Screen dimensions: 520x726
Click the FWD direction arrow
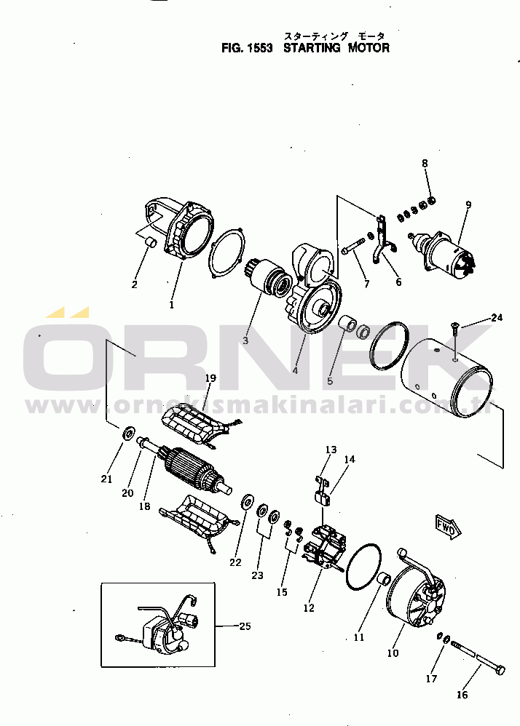(449, 526)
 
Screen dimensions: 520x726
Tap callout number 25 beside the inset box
(245, 626)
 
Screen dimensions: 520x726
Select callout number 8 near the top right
(425, 163)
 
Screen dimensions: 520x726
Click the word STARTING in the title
(312, 48)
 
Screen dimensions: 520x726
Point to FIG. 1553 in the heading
(247, 48)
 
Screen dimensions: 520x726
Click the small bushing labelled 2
(151, 242)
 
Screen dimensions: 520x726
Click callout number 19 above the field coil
(210, 378)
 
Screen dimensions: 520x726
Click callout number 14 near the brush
(350, 459)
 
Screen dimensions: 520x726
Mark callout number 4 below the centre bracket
(295, 370)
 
